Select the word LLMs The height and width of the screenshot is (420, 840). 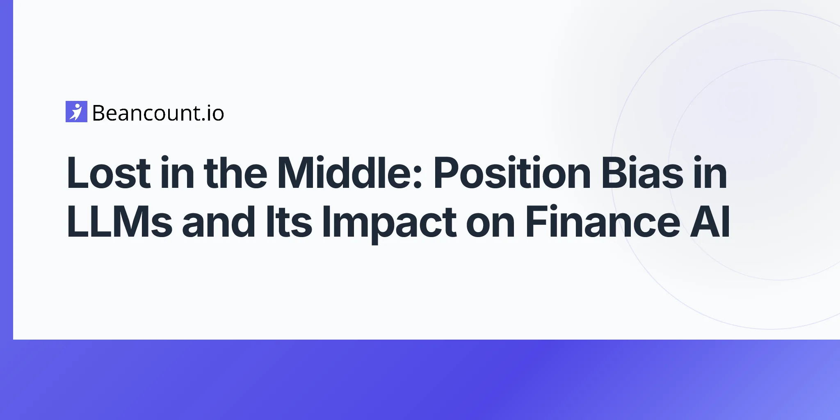click(119, 221)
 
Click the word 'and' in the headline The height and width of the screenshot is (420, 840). click(219, 221)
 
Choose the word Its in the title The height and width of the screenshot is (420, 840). click(289, 221)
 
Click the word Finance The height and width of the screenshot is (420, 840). click(602, 221)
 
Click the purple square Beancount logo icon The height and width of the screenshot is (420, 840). click(76, 112)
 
